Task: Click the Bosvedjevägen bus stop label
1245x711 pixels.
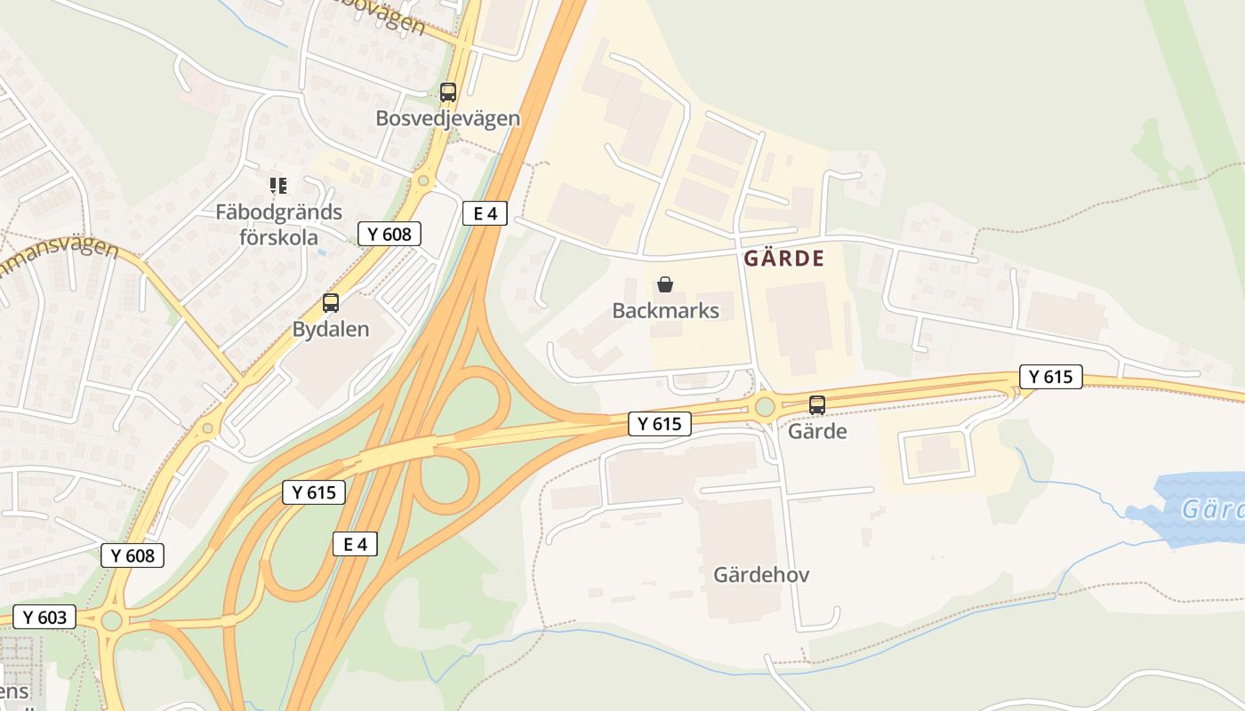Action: pyautogui.click(x=447, y=118)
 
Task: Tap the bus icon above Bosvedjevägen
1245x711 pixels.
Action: pyautogui.click(x=448, y=92)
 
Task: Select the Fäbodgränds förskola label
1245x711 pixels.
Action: pyautogui.click(x=278, y=224)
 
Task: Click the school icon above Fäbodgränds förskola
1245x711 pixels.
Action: pyautogui.click(x=278, y=186)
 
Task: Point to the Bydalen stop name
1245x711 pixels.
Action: pyautogui.click(x=331, y=329)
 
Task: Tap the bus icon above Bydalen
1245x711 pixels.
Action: pyautogui.click(x=331, y=302)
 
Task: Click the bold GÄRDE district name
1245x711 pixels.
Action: pyautogui.click(x=783, y=259)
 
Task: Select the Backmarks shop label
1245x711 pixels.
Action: pyautogui.click(x=665, y=310)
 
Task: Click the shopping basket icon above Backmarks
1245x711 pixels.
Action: pyautogui.click(x=665, y=284)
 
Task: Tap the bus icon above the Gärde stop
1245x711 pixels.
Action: pyautogui.click(x=817, y=404)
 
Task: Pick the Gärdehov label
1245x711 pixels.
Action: pyautogui.click(x=761, y=575)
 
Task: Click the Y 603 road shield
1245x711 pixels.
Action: pyautogui.click(x=44, y=617)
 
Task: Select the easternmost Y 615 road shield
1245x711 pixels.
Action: pyautogui.click(x=1051, y=377)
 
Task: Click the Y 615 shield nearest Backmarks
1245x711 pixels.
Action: pyautogui.click(x=660, y=424)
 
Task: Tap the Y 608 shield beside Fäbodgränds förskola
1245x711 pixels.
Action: pyautogui.click(x=390, y=234)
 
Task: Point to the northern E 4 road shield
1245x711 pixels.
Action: pyautogui.click(x=485, y=212)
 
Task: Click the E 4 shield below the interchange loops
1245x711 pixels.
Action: pyautogui.click(x=355, y=544)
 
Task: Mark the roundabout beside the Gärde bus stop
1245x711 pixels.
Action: pyautogui.click(x=765, y=408)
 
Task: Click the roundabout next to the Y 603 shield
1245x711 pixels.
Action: pyautogui.click(x=111, y=619)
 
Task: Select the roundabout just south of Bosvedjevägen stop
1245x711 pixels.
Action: pyautogui.click(x=423, y=180)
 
